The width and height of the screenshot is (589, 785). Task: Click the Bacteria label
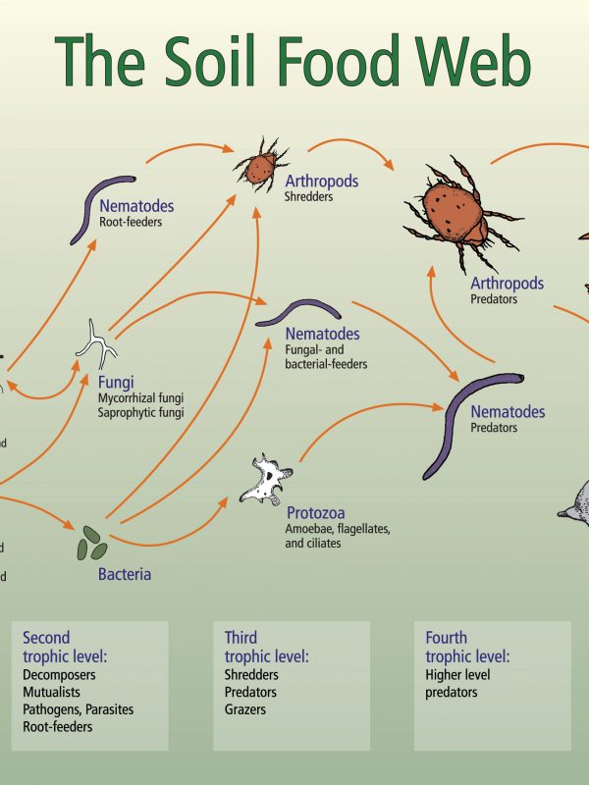tap(125, 574)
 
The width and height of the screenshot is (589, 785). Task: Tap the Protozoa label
tap(315, 512)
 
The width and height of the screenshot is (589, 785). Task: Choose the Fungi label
tap(116, 382)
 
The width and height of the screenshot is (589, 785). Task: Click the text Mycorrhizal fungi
tap(140, 398)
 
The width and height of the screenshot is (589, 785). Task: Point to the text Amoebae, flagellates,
tap(338, 530)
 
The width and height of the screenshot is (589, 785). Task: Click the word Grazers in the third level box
tap(245, 709)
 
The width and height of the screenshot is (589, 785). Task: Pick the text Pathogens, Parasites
tap(78, 709)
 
